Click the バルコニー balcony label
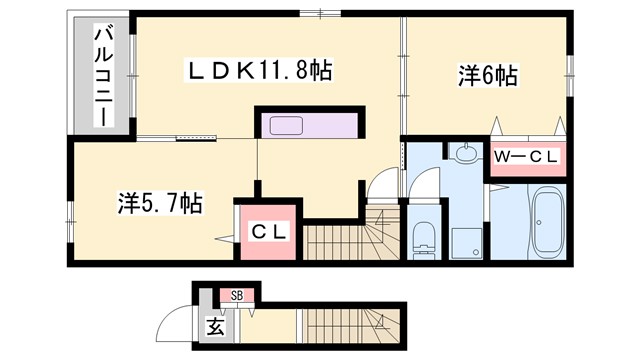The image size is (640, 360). [x=102, y=76]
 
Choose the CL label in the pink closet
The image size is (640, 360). [x=267, y=232]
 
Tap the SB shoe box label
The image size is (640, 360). [x=238, y=294]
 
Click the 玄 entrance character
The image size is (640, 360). [x=215, y=325]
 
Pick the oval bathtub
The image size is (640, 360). [x=547, y=222]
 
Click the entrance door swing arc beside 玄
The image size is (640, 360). [x=178, y=327]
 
